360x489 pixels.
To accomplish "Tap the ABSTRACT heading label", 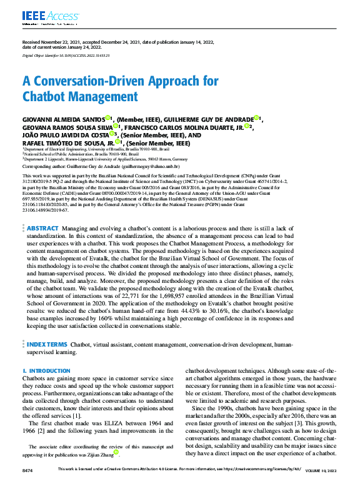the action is tap(42, 229).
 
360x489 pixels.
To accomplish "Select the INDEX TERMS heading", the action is tap(46, 343).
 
